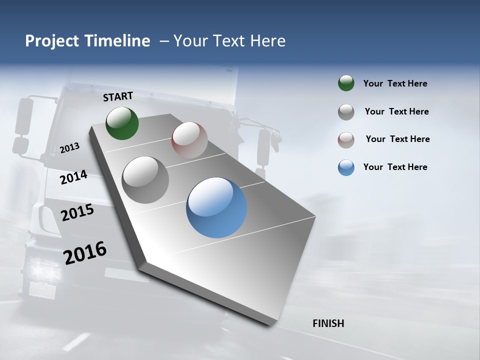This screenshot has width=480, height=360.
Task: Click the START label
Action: [x=118, y=96]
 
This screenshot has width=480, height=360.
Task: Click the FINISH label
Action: [x=328, y=323]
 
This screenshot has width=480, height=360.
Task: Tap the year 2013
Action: [x=69, y=147]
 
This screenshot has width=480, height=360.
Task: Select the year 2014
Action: [x=73, y=177]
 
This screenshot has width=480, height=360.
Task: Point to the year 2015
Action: [x=77, y=212]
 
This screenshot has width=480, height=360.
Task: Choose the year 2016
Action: [x=85, y=252]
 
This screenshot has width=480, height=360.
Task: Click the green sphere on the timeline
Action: [x=122, y=123]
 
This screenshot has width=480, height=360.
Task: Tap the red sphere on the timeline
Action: [x=189, y=140]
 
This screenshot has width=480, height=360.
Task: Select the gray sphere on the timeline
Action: [x=145, y=180]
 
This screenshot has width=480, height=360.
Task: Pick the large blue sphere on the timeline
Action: [x=216, y=207]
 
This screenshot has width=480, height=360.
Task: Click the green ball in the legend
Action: [x=346, y=83]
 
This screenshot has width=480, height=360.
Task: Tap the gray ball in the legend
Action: [x=346, y=112]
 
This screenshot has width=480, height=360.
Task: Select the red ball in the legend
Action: [x=346, y=139]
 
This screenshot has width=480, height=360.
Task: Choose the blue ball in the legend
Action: [x=346, y=167]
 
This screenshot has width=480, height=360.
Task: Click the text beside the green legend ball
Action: [x=395, y=84]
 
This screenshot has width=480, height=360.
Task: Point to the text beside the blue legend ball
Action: [x=395, y=167]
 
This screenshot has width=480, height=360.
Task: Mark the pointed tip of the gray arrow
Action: [x=270, y=325]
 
